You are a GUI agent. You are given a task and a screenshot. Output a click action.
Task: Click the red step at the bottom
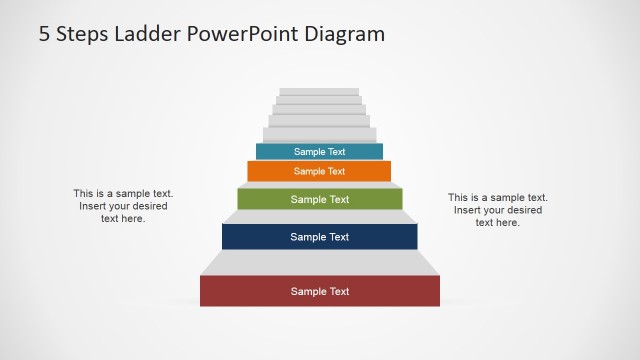[x=250, y=292]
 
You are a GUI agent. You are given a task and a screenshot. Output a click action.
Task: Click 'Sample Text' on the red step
[x=320, y=292]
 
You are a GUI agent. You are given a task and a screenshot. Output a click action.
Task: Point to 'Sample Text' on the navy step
[x=320, y=237]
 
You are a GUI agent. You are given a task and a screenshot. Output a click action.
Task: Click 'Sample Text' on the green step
[x=320, y=199]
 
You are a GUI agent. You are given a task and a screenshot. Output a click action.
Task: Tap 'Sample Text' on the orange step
[x=319, y=171]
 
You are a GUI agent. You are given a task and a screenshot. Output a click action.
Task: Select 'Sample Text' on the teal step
[x=319, y=152]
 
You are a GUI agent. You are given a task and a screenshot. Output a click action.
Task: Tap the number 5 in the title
[x=45, y=33]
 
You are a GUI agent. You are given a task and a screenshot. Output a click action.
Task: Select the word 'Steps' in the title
[x=82, y=33]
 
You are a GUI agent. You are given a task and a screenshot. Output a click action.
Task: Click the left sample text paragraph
[x=123, y=206]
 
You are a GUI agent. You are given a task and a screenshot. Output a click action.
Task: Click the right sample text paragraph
[x=498, y=210]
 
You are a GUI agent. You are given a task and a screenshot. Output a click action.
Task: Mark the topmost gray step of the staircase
[x=319, y=92]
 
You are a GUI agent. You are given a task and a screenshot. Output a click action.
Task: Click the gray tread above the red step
[x=320, y=263]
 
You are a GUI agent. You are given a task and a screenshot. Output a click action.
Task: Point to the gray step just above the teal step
[x=320, y=135]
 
